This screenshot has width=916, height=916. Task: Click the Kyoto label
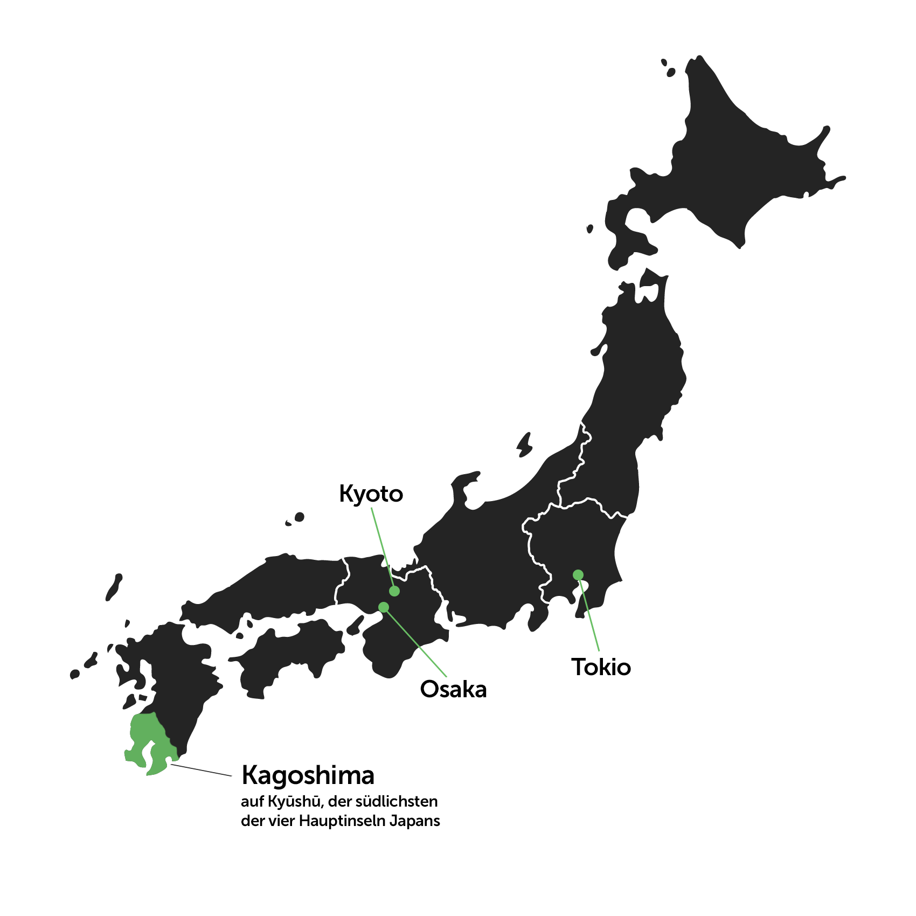point(371,494)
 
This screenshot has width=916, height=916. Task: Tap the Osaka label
point(453,689)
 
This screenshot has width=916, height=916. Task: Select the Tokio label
point(601,667)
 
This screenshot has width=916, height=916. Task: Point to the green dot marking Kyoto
point(394,591)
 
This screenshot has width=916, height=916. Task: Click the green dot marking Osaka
point(384,607)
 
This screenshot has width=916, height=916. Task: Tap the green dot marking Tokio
point(578,575)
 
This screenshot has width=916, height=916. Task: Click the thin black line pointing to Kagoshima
point(202,770)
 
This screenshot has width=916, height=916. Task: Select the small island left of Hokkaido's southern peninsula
point(590,229)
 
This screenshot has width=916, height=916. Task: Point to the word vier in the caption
point(284,821)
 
